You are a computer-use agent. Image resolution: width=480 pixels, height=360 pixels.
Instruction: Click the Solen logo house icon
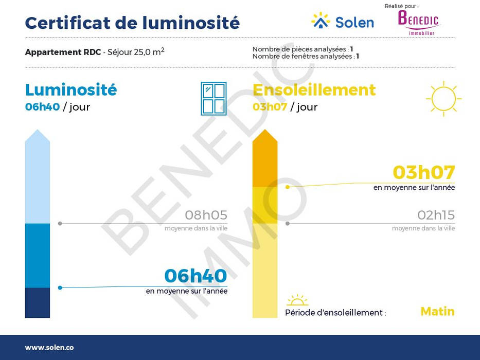click(x=321, y=21)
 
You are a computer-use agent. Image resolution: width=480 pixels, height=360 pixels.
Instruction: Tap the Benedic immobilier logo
click(x=418, y=23)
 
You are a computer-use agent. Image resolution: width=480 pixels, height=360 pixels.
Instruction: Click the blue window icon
click(x=214, y=99)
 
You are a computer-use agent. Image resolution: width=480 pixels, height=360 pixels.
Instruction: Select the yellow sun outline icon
click(x=443, y=99)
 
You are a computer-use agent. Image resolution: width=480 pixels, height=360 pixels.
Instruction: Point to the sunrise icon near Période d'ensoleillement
click(x=297, y=300)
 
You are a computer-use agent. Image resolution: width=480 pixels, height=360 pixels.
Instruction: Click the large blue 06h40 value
click(x=195, y=276)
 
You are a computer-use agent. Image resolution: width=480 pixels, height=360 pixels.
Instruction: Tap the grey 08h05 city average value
click(x=206, y=215)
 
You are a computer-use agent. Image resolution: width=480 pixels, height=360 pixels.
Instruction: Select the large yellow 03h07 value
click(x=424, y=172)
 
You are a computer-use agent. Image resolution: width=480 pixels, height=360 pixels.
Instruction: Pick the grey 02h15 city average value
click(x=436, y=215)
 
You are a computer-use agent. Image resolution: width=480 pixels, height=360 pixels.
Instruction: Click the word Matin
click(x=437, y=311)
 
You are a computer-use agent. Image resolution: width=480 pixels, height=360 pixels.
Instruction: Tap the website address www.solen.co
click(x=49, y=348)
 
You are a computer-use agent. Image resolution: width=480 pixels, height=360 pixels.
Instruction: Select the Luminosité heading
click(x=71, y=89)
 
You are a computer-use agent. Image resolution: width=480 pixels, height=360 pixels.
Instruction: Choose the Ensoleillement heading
click(x=314, y=89)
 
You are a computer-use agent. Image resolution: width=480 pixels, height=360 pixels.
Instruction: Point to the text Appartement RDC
click(x=63, y=52)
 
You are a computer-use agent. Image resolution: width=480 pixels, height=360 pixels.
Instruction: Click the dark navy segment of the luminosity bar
click(x=38, y=303)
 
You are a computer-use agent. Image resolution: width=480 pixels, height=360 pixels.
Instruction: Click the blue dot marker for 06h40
click(x=60, y=288)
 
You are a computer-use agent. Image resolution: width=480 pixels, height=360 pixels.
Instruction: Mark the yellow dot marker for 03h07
click(x=288, y=187)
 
